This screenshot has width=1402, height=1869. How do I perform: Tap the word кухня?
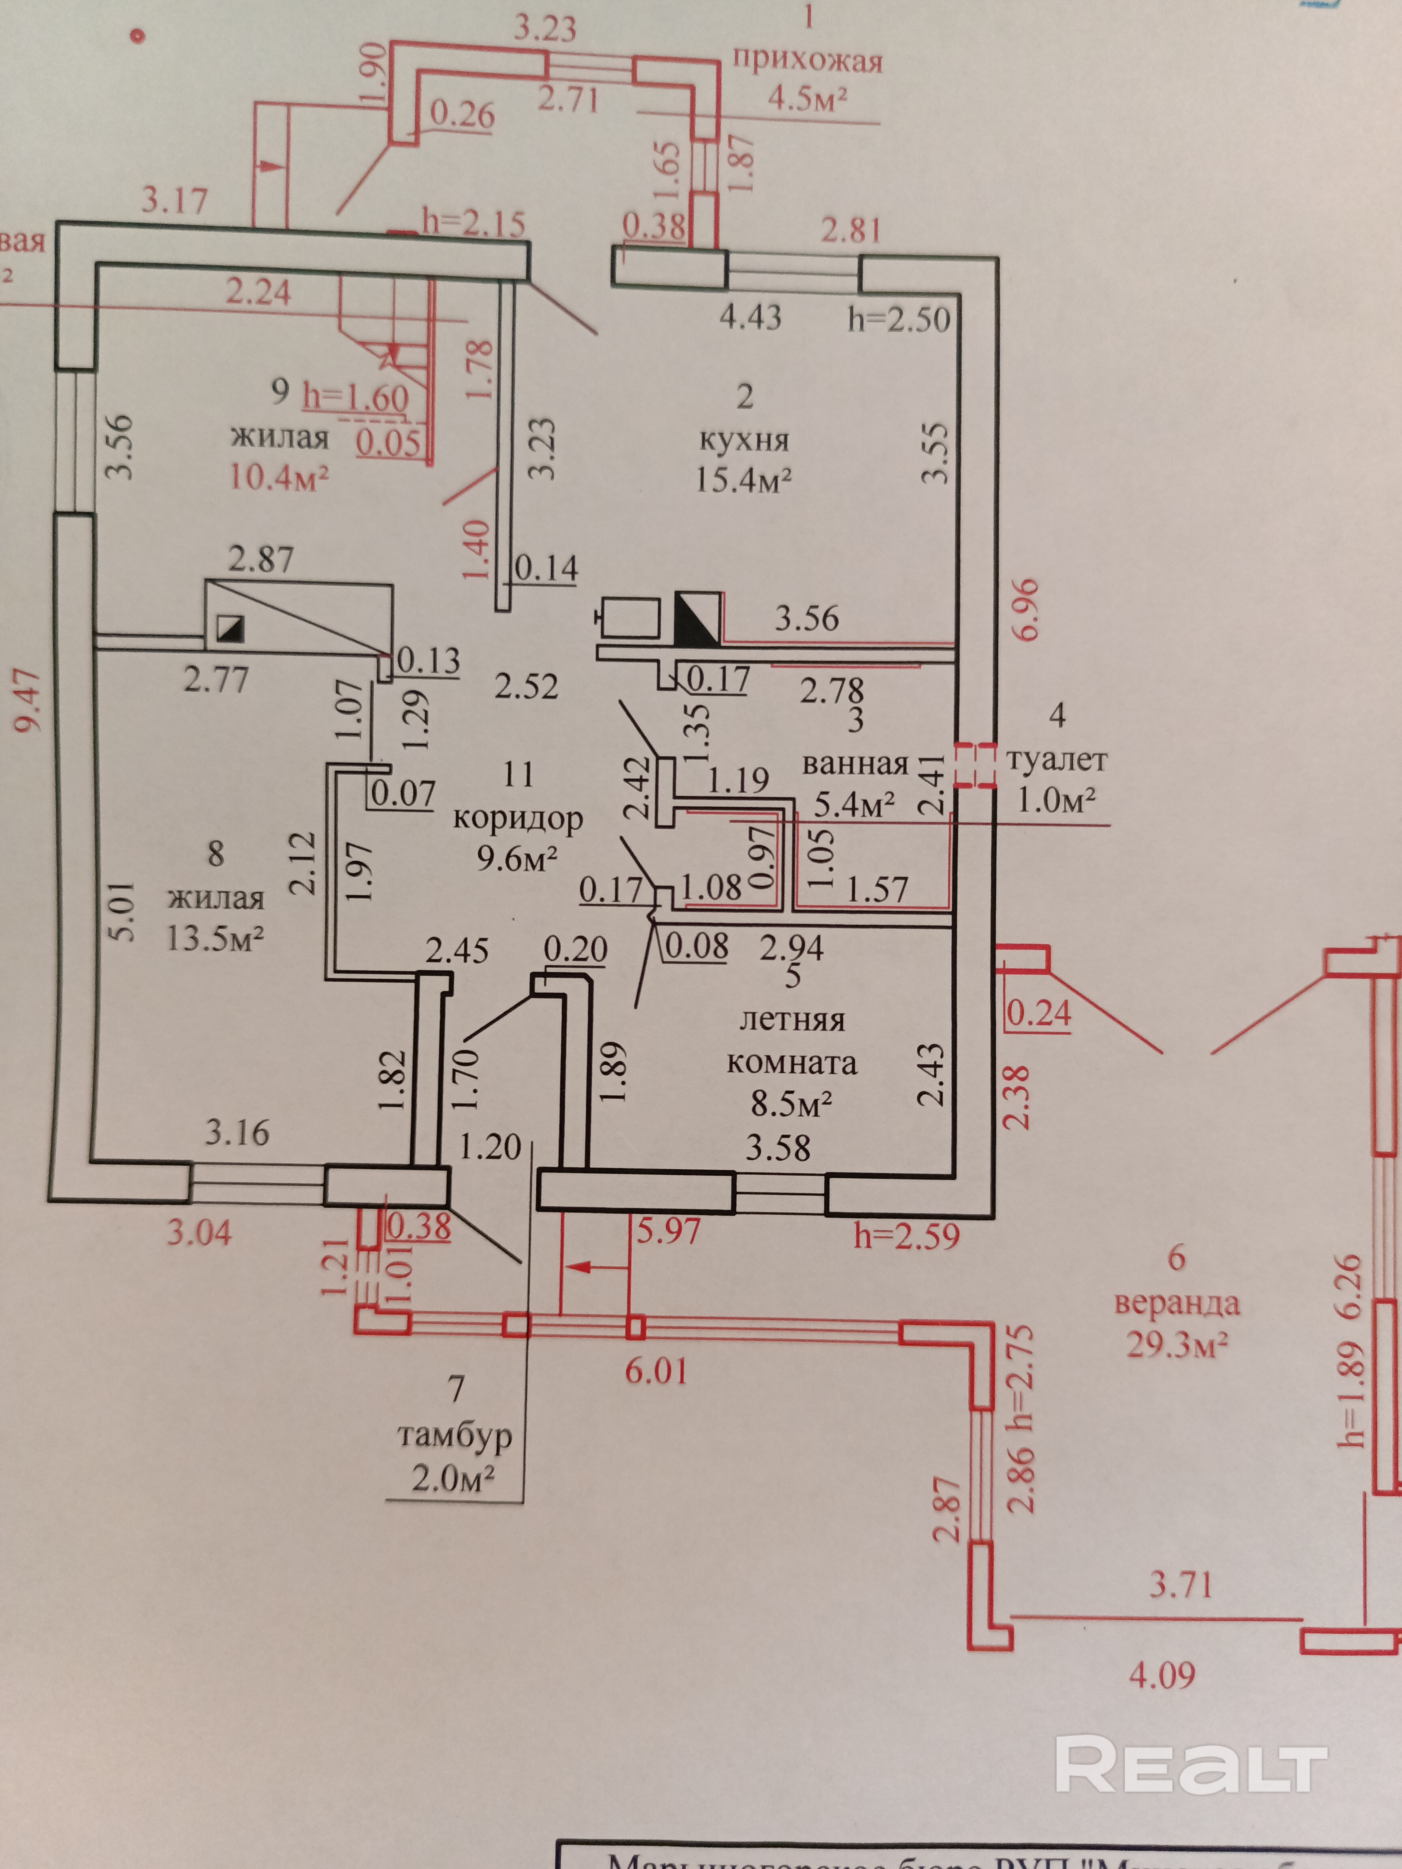coord(744,440)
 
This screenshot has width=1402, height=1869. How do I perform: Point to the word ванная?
coord(854,764)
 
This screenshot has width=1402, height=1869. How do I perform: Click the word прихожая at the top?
coord(807,61)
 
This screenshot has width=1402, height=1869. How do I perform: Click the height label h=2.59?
coord(906,1236)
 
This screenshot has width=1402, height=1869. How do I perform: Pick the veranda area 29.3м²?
coord(1176,1343)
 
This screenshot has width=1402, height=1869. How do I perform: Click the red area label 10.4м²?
coord(279,477)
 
